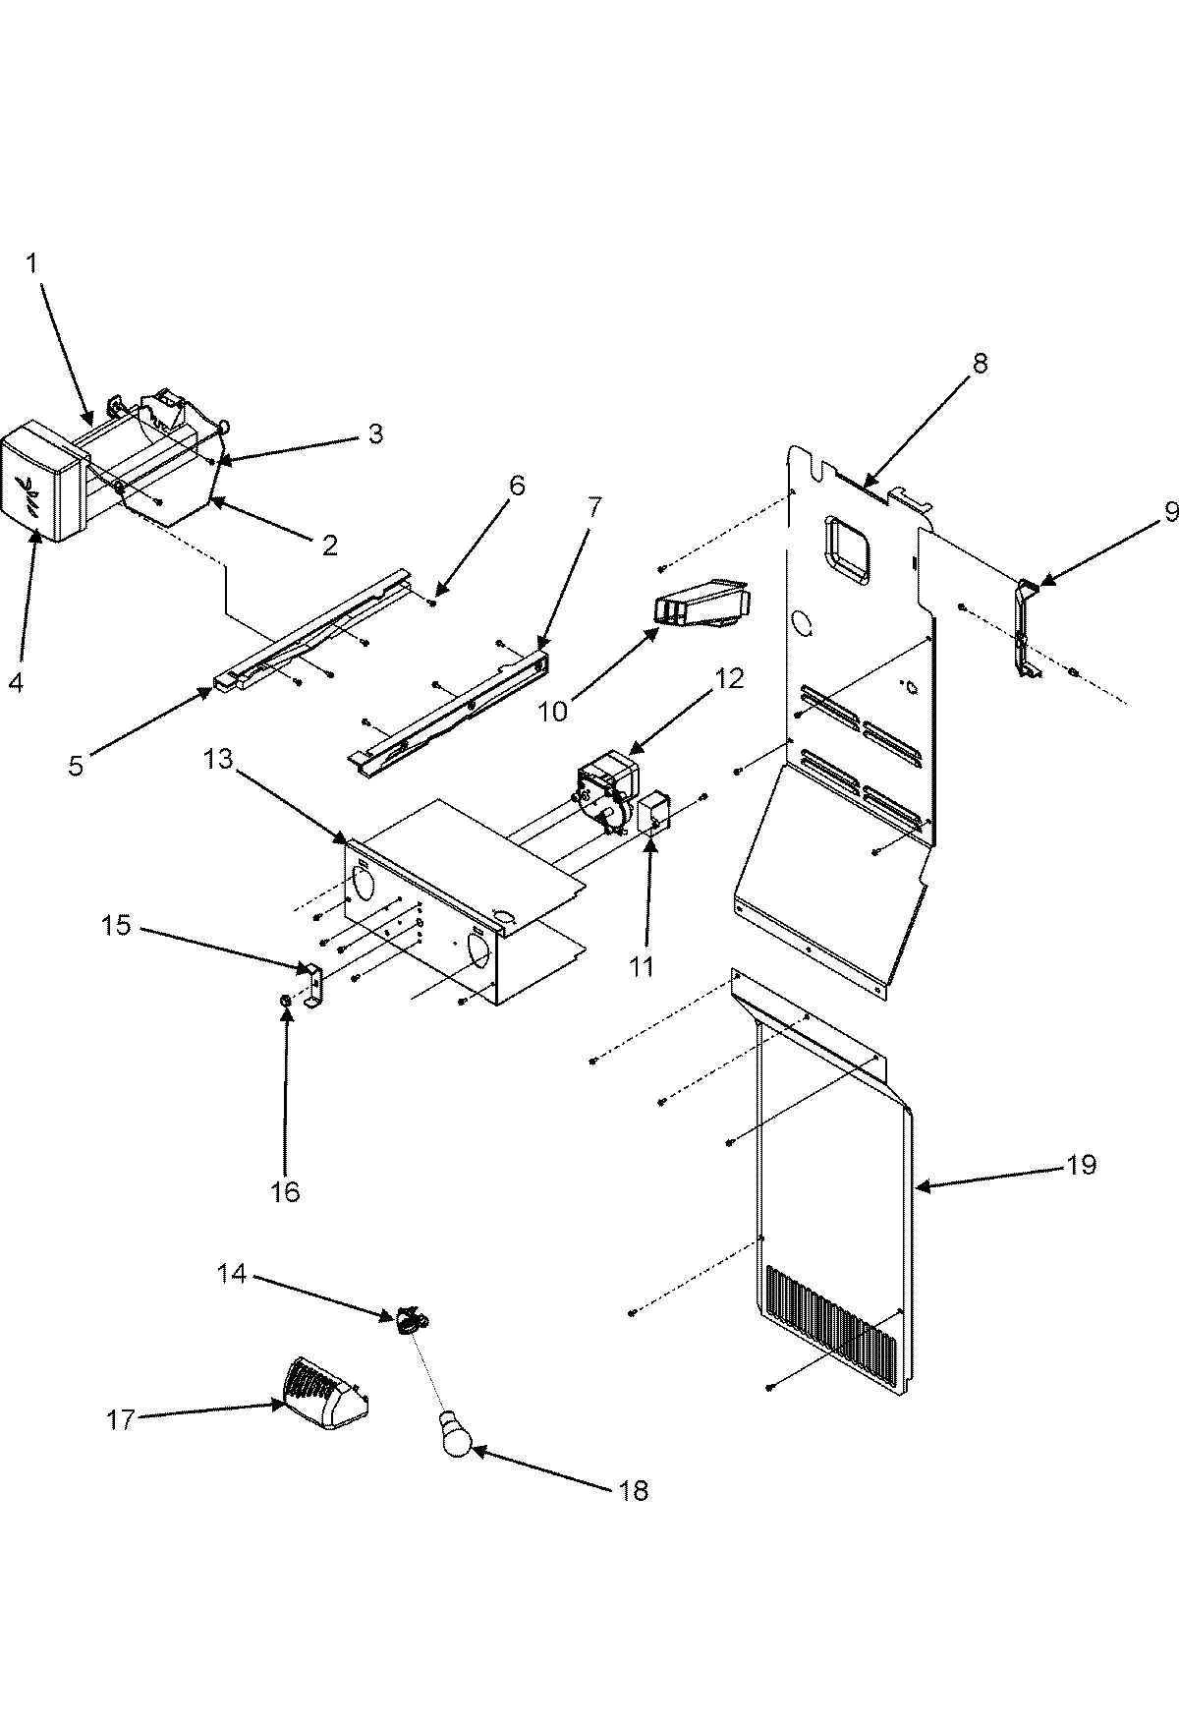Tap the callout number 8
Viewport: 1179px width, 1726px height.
[981, 363]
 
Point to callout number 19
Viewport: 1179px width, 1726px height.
[1082, 1165]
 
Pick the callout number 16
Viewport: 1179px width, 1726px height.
[286, 1191]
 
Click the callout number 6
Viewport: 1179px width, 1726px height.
[516, 485]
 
